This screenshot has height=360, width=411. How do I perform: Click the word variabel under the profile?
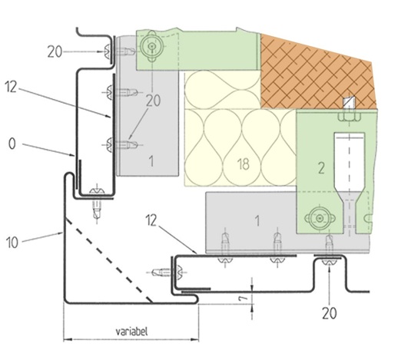(131, 332)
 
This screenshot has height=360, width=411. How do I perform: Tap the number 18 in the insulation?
(244, 164)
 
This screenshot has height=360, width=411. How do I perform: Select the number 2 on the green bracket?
(321, 168)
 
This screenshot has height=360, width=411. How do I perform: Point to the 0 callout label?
(12, 144)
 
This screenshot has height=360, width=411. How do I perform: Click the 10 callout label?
(12, 243)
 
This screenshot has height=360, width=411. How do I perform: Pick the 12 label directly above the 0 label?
(11, 87)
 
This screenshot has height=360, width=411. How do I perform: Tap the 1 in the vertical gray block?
(151, 161)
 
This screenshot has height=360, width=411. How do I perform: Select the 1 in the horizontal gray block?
(257, 221)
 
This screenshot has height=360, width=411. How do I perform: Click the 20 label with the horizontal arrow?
(55, 51)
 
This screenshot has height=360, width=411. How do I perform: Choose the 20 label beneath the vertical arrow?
(330, 313)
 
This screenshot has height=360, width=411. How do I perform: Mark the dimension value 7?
(244, 297)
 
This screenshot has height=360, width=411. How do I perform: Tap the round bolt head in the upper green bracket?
(151, 46)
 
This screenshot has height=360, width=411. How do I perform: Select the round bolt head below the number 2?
(320, 218)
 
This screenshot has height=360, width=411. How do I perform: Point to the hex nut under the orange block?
(349, 117)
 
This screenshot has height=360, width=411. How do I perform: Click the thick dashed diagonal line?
(108, 259)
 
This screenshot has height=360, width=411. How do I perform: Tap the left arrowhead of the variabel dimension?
(68, 340)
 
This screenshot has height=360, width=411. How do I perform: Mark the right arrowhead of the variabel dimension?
(194, 340)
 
